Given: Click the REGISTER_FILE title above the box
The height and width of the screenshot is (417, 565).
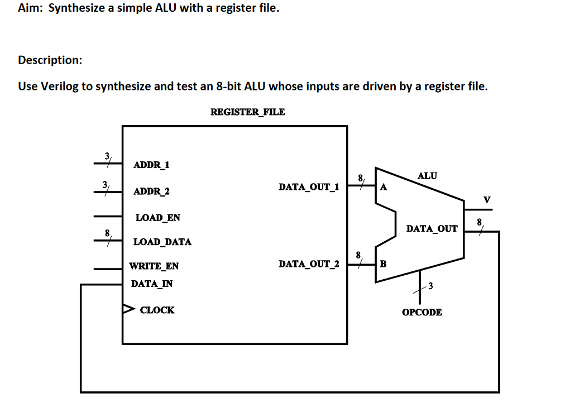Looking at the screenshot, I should pyautogui.click(x=247, y=112).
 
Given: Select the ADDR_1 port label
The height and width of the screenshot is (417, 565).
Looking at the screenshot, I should pyautogui.click(x=152, y=165).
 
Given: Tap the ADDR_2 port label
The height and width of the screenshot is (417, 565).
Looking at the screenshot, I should pyautogui.click(x=152, y=191).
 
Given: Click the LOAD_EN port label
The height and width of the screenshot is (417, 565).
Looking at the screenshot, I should pyautogui.click(x=158, y=218).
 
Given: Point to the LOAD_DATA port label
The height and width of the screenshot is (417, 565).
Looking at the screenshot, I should pyautogui.click(x=162, y=242).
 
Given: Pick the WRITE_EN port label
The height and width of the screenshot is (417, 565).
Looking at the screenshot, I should pyautogui.click(x=154, y=266).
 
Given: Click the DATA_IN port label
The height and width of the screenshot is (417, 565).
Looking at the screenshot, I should pyautogui.click(x=152, y=284).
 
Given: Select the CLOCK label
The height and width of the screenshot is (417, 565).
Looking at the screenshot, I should pyautogui.click(x=157, y=310).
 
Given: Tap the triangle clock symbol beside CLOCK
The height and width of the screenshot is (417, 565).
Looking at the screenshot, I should pyautogui.click(x=128, y=308).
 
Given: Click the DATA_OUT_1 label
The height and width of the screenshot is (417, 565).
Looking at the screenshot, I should pyautogui.click(x=309, y=187).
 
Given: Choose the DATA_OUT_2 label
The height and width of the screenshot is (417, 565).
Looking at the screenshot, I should pyautogui.click(x=309, y=263).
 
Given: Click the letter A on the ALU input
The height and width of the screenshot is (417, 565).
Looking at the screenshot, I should pyautogui.click(x=383, y=188).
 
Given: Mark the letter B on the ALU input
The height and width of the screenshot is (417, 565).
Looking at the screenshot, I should pyautogui.click(x=383, y=263).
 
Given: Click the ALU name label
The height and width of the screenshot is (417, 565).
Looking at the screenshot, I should pyautogui.click(x=427, y=176).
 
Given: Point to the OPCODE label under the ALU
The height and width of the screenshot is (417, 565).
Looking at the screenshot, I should pyautogui.click(x=422, y=312).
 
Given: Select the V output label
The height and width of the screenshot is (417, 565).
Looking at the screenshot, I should pyautogui.click(x=487, y=200).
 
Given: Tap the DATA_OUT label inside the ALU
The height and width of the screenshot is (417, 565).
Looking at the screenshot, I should pyautogui.click(x=432, y=228).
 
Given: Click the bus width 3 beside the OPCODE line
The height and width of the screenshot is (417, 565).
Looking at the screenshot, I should pyautogui.click(x=430, y=287).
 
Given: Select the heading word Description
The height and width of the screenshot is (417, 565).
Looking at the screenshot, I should pyautogui.click(x=50, y=60).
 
